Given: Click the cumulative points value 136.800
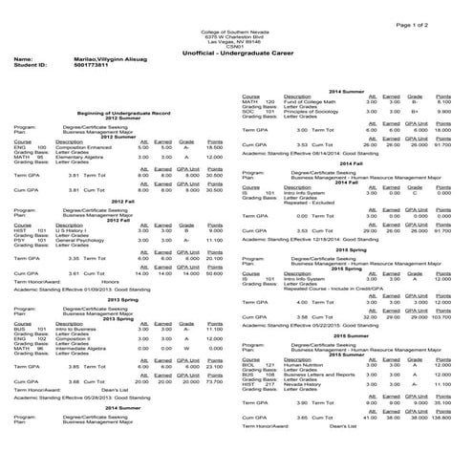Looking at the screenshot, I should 441,418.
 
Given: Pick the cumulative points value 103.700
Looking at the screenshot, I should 441,316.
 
